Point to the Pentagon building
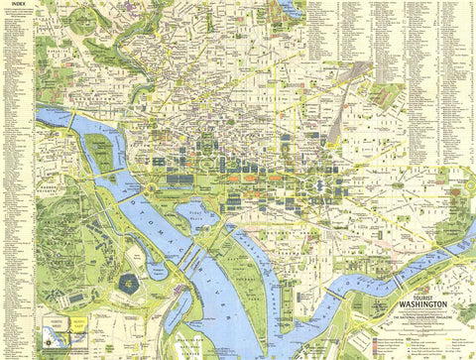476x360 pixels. pos(129,283)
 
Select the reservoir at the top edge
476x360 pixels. pos(291,8)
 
